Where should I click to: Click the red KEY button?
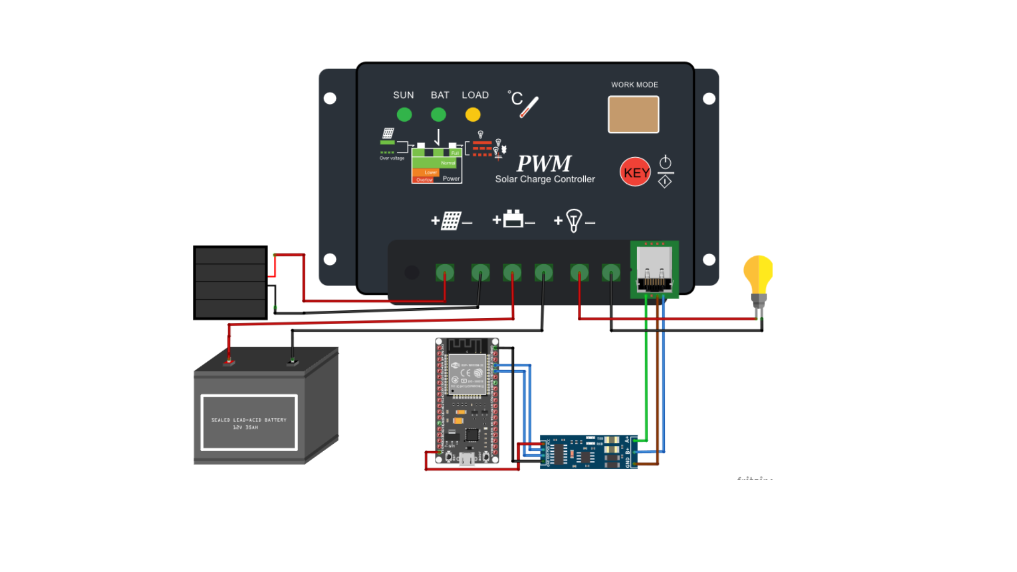[x=635, y=172]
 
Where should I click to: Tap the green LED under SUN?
[x=404, y=114]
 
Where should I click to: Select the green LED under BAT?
[x=439, y=114]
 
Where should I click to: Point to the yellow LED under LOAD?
[x=473, y=114]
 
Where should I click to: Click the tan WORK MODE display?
[x=634, y=114]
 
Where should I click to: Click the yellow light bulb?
[x=759, y=275]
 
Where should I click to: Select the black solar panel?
[x=230, y=282]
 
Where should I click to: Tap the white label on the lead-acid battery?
[x=249, y=423]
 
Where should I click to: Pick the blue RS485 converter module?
[x=588, y=452]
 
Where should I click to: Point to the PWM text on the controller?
[x=544, y=163]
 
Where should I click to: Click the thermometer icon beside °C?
[x=529, y=107]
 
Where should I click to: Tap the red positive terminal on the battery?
[x=229, y=363]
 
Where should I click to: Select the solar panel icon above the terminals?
[x=451, y=220]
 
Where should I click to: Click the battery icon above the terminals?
[x=513, y=219]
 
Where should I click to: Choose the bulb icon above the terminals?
[x=574, y=220]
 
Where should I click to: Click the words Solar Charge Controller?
[x=545, y=180]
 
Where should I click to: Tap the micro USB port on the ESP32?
[x=467, y=459]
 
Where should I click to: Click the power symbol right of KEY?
[x=665, y=162]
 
